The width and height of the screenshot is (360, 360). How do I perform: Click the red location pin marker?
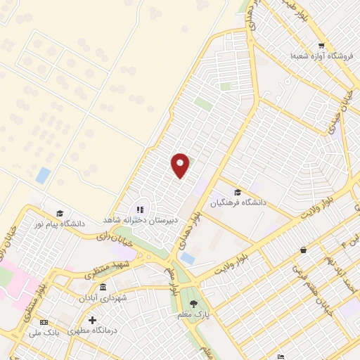pos(181,165)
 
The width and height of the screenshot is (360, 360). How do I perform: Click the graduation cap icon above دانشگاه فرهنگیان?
pos(237,192)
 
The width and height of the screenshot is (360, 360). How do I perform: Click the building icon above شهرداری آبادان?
pos(103,288)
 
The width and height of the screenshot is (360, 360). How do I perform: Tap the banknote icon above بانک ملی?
pos(45,322)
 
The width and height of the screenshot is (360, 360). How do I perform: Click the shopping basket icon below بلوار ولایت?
pos(303,250)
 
